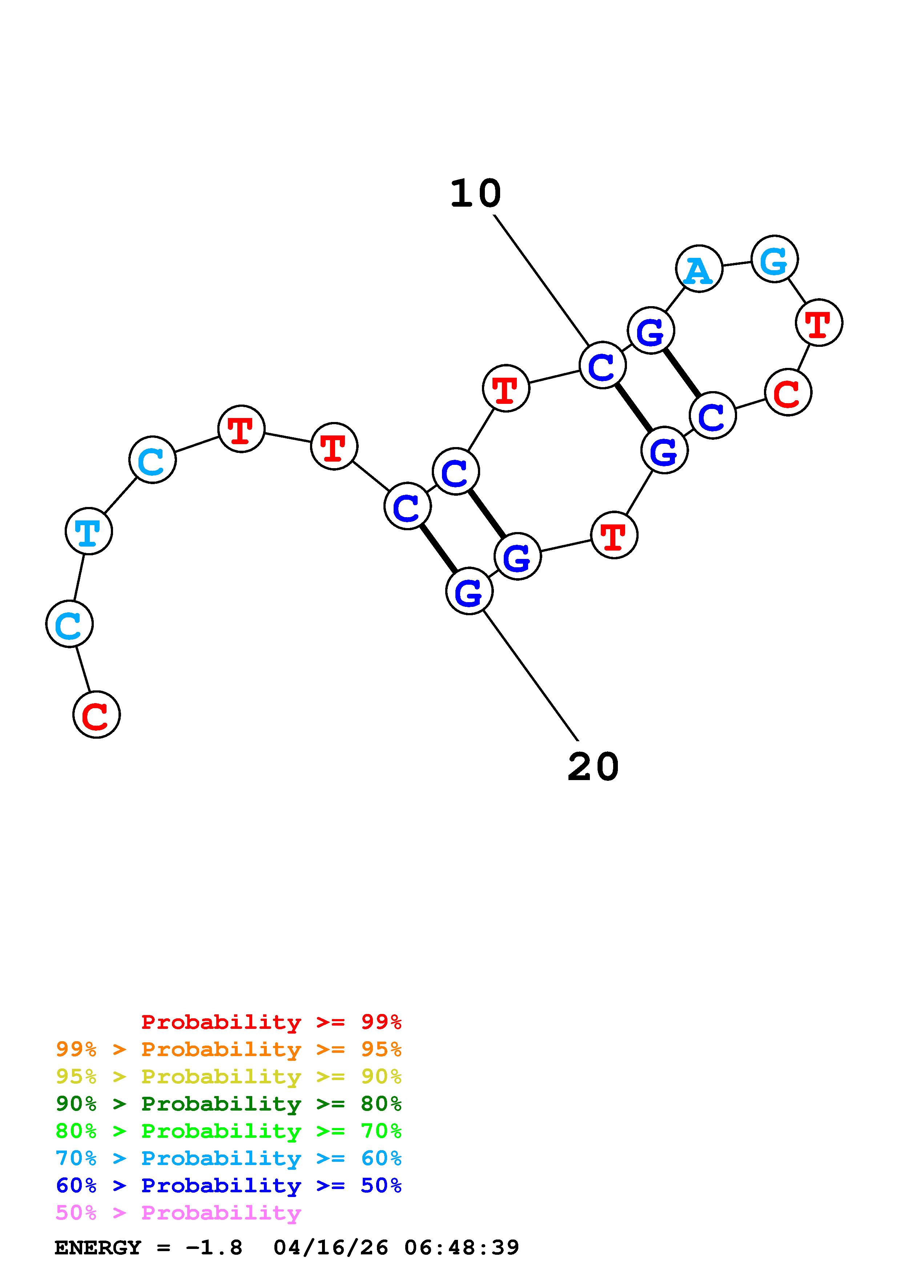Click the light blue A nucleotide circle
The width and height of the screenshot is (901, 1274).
pos(699,268)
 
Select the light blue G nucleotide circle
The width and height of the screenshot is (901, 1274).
pos(775,259)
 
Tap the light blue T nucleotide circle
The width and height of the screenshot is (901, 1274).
pos(89,531)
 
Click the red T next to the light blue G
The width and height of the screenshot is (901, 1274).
pos(819,322)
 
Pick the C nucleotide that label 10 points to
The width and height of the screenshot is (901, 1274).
pos(602,365)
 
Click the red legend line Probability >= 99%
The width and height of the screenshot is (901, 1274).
pos(271,1022)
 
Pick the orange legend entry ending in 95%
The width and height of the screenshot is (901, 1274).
pos(229,1049)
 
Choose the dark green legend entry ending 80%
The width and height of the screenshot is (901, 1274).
pos(229,1104)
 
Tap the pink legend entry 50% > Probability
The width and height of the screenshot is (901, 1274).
pos(178,1212)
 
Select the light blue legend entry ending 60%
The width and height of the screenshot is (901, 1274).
pos(229,1158)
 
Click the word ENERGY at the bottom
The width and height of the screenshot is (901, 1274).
pos(98,1248)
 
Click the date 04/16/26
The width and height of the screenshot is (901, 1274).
pos(331,1248)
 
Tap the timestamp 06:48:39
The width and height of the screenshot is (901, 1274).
pos(462,1248)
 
